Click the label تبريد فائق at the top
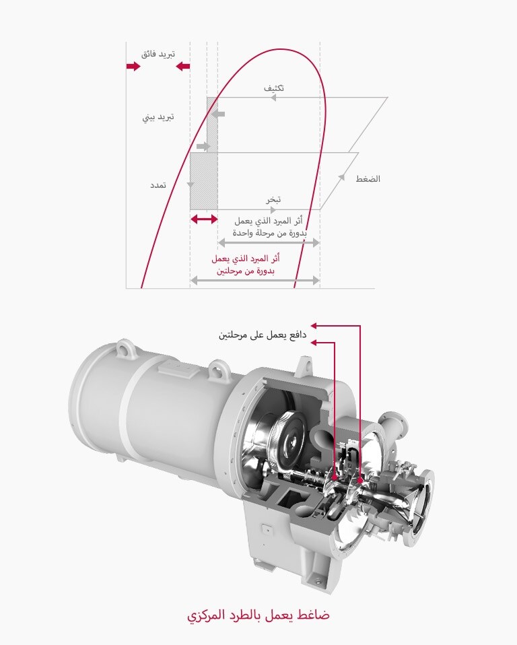(158, 53)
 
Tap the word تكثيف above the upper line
(275, 88)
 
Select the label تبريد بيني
(158, 117)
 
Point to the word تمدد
(158, 184)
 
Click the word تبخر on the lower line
(273, 199)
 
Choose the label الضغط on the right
(368, 179)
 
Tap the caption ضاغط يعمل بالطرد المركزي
(258, 615)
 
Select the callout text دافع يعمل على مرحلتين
(263, 335)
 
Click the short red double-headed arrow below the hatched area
(204, 219)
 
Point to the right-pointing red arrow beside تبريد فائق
(133, 66)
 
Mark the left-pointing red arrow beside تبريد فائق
(182, 66)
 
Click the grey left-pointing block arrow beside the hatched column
(217, 114)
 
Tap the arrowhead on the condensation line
(273, 98)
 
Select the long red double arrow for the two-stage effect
(254, 279)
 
